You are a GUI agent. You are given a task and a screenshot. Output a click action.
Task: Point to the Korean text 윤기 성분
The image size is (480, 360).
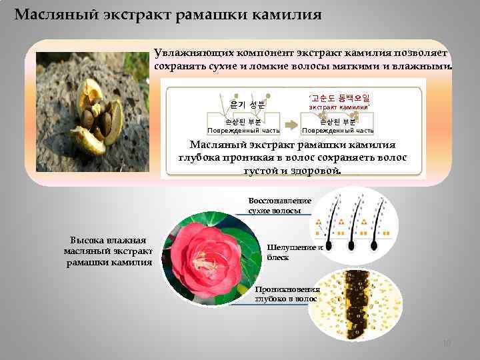247,104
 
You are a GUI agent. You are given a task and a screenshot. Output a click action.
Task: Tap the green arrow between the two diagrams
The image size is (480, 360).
291,125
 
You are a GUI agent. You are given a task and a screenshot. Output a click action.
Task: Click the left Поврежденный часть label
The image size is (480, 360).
243,131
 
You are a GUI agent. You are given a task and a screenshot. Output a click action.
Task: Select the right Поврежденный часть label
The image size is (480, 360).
338,131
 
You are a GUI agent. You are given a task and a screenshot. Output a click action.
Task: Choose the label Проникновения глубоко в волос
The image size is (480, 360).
287,294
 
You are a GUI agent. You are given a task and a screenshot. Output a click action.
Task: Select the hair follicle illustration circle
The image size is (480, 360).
357,227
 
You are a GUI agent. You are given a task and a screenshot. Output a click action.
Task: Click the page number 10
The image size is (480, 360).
447,343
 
